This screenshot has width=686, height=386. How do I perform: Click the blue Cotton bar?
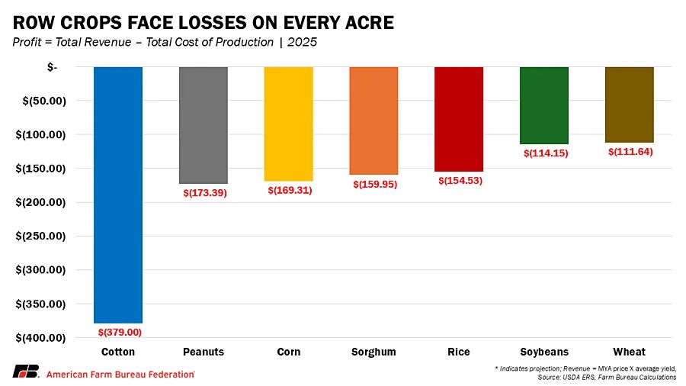[x=118, y=195]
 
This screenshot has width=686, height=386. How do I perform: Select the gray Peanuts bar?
[x=204, y=125]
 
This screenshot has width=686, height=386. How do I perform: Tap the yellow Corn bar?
[x=289, y=124]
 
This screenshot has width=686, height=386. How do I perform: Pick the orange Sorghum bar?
[x=373, y=121]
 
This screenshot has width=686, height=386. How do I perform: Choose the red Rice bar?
[x=459, y=119]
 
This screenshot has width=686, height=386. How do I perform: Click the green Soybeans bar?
[x=544, y=105]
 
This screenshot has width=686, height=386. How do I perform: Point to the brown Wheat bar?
[x=630, y=105]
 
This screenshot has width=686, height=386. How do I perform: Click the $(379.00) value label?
[x=120, y=332]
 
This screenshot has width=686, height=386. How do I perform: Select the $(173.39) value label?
[x=205, y=193]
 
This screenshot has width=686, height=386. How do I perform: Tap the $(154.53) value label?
[x=460, y=181]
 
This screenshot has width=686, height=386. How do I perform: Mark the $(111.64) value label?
[x=631, y=152]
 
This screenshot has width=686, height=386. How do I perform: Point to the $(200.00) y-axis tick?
[x=41, y=202]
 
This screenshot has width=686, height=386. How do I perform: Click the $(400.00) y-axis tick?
[x=41, y=337]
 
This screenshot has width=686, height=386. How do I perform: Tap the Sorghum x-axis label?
[x=373, y=352]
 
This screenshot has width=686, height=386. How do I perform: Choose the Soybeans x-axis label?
[x=544, y=352]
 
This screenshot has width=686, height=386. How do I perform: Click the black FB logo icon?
[x=25, y=372]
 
